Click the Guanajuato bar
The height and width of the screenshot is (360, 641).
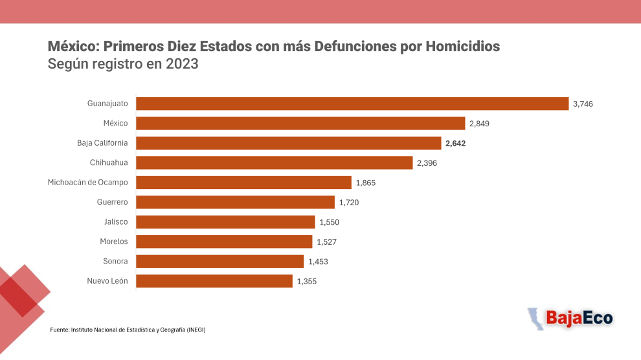pos(352,104)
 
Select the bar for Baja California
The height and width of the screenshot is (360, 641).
pos(289,143)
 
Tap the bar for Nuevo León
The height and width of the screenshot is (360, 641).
pos(214,281)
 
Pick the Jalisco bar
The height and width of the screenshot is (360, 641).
pos(226,222)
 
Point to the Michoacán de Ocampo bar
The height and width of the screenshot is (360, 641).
pos(243,183)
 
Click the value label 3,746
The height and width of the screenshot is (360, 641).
pos(583,104)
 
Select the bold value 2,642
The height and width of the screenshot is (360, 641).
pos(455,144)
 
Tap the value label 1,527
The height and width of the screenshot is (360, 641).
pos(326,242)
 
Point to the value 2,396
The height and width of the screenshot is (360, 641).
pos(427,163)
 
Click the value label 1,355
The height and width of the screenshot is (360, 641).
pos(307,281)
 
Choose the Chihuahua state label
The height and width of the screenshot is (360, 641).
pos(109,163)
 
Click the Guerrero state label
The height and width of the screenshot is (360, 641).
pos(113,202)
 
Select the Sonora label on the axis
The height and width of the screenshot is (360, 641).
pos(115,261)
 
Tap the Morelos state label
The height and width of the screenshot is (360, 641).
pos(114,242)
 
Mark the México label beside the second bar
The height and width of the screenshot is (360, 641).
pos(115,123)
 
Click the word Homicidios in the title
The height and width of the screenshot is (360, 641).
pos(463,46)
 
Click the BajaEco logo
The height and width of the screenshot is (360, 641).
pos(570,319)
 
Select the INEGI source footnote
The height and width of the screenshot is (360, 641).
pos(128,330)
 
